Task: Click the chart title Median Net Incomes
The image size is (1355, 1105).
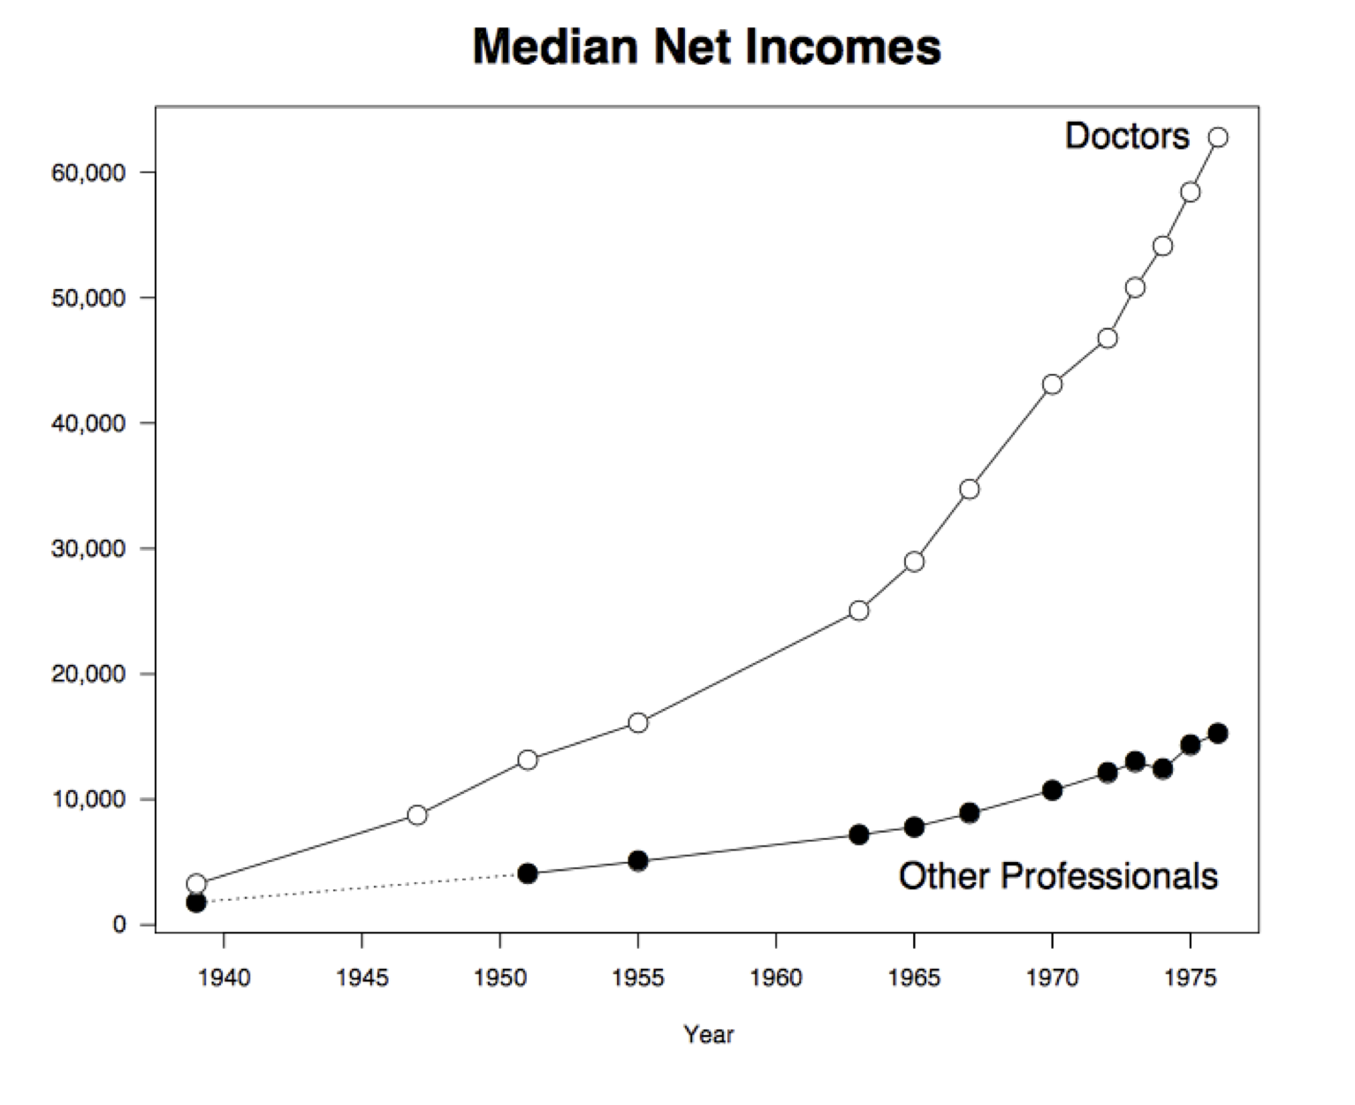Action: point(706,47)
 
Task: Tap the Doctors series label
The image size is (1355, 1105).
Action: point(1126,136)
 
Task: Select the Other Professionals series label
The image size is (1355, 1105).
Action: point(1057,876)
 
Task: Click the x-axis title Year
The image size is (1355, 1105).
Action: point(708,1034)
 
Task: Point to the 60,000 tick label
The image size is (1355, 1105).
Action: point(88,172)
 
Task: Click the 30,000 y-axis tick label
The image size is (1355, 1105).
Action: point(88,549)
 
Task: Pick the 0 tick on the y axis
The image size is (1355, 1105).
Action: point(119,925)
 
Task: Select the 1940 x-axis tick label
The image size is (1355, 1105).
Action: point(224,978)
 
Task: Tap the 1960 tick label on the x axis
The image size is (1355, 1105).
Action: point(775,978)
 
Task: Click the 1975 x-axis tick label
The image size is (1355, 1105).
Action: point(1190,978)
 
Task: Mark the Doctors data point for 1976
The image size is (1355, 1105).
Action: point(1218,137)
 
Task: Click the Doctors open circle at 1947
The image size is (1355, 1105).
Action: point(417,815)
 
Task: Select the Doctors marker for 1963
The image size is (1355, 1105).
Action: point(858,611)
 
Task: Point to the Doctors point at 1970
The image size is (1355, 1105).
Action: point(1052,385)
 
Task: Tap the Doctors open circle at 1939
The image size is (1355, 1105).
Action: point(196,883)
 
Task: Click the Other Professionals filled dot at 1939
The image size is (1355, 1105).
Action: point(196,903)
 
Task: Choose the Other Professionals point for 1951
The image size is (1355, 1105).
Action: point(528,873)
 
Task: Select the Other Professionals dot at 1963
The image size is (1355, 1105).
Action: point(858,834)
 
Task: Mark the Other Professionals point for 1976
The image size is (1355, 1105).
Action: point(1218,733)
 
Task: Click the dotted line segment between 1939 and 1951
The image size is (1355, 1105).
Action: point(362,888)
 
